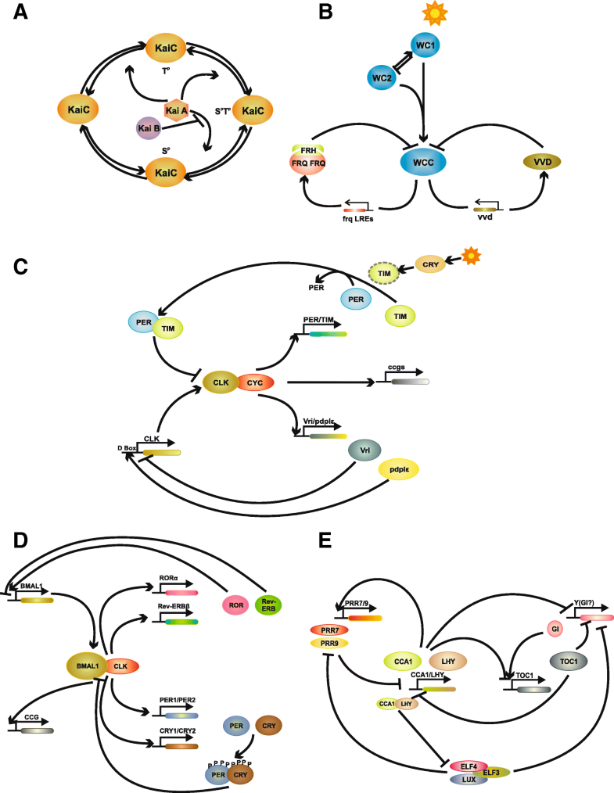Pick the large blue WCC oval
(x=422, y=161)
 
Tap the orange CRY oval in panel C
(x=429, y=264)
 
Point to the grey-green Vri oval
(x=365, y=450)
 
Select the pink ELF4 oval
(x=469, y=765)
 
